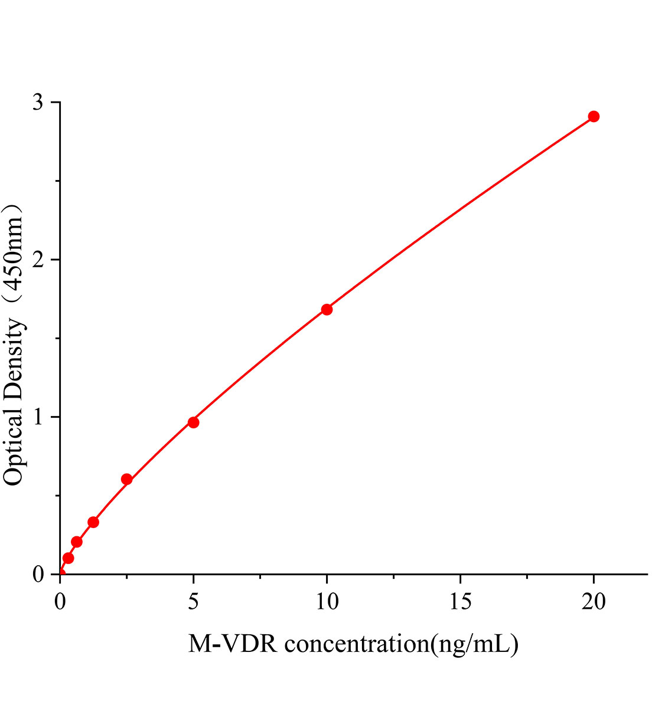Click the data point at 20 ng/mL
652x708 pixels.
[594, 116]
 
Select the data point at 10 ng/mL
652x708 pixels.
[327, 309]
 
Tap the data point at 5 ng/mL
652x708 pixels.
[193, 422]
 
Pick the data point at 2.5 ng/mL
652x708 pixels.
[126, 479]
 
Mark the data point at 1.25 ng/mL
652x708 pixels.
[93, 522]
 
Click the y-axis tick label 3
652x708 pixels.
[38, 103]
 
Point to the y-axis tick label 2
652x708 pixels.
[38, 260]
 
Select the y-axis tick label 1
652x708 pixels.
[38, 417]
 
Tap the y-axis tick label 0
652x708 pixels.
[38, 574]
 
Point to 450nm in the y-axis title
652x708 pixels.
[13, 254]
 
